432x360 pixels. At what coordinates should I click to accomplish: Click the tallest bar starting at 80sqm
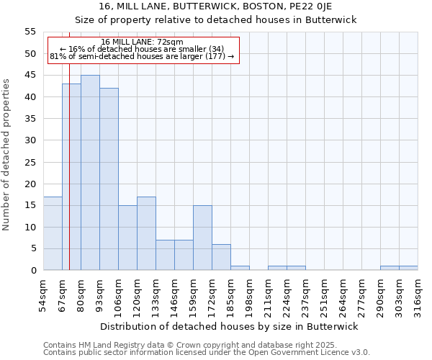90,173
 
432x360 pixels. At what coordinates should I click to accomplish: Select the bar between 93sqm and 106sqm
109,179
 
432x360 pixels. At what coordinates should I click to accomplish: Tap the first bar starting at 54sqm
53,233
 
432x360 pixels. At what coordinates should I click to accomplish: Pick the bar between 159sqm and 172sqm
202,238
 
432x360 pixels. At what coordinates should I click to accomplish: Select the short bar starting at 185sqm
240,268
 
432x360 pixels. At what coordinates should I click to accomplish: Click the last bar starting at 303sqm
408,268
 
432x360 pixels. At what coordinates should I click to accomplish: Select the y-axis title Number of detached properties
7,155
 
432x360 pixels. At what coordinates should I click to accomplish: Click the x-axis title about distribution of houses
230,326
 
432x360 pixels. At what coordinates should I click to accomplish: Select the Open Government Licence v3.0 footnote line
207,353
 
